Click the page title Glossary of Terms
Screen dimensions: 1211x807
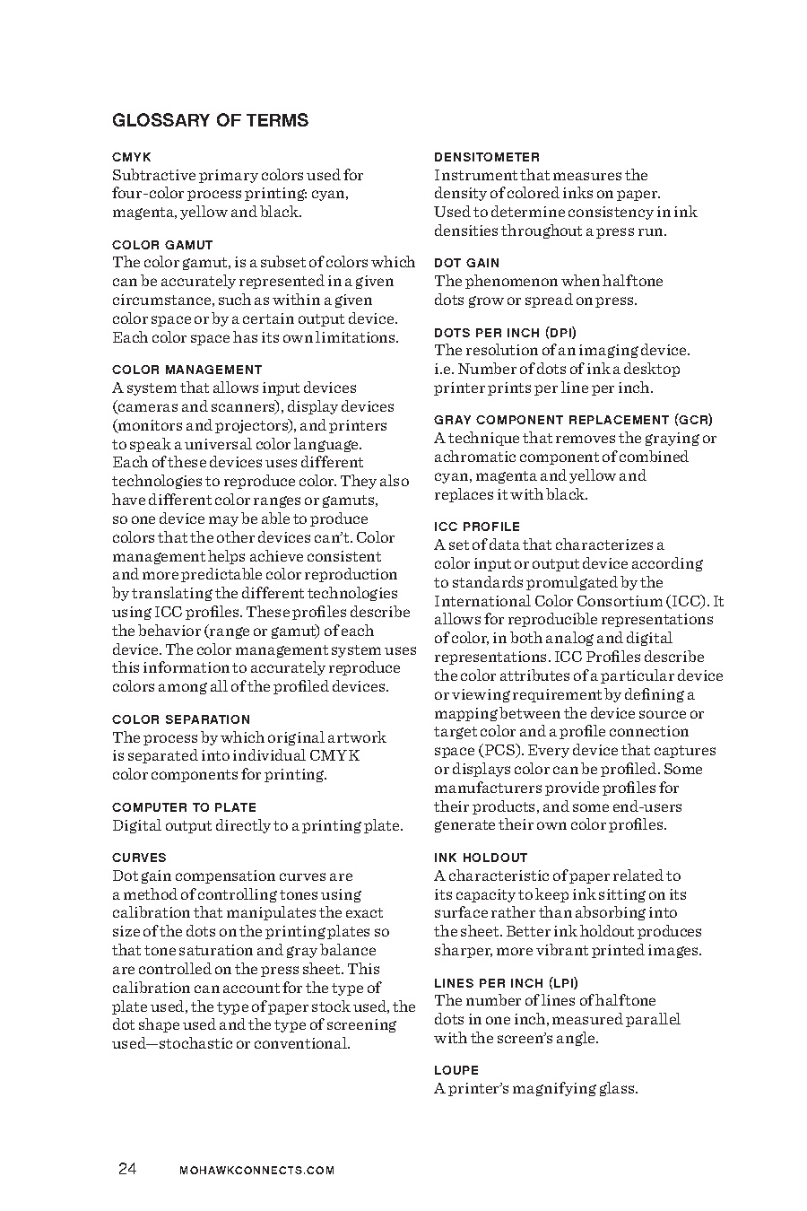pyautogui.click(x=210, y=120)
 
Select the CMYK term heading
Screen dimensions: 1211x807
pyautogui.click(x=132, y=157)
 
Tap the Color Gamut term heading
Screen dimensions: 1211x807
pyautogui.click(x=162, y=245)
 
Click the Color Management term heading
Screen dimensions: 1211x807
pyautogui.click(x=187, y=370)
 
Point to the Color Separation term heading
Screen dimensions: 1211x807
pyautogui.click(x=181, y=719)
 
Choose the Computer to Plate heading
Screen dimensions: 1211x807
pyautogui.click(x=184, y=807)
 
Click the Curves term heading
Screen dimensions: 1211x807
pyautogui.click(x=139, y=858)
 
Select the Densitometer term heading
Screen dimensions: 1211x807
pyautogui.click(x=487, y=157)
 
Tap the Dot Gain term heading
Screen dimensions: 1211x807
pyautogui.click(x=466, y=263)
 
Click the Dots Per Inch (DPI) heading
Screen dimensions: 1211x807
pyautogui.click(x=506, y=333)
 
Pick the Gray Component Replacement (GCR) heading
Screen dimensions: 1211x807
pyautogui.click(x=574, y=420)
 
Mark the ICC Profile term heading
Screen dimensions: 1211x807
pyautogui.click(x=477, y=527)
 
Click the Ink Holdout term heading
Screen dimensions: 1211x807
pyautogui.click(x=481, y=858)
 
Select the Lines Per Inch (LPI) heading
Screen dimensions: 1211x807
pyautogui.click(x=507, y=982)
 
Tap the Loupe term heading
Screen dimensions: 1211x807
pyautogui.click(x=456, y=1070)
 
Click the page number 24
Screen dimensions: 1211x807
pyautogui.click(x=126, y=1169)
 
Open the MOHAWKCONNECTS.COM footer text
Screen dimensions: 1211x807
pyautogui.click(x=256, y=1171)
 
